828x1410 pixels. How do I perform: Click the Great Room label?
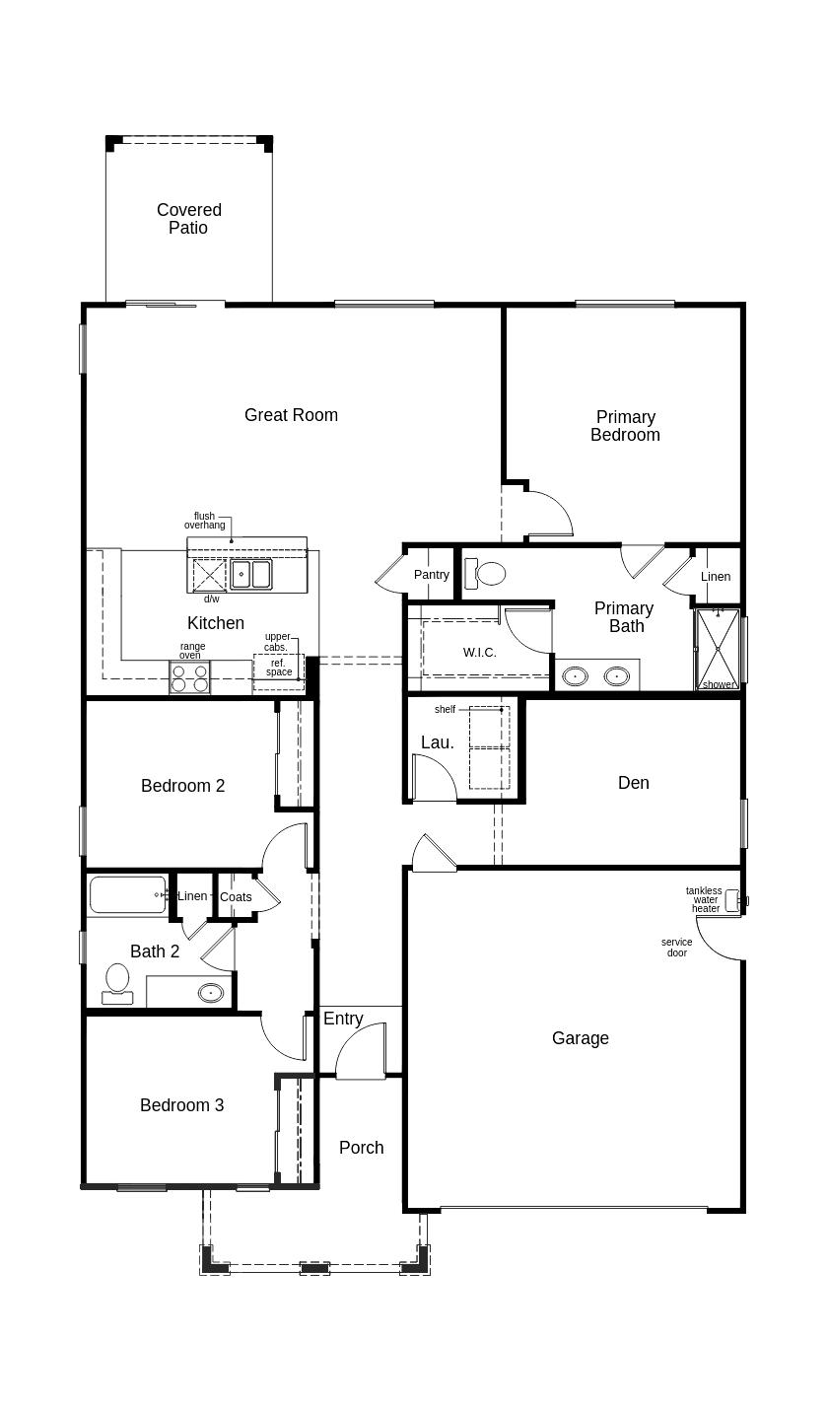(291, 415)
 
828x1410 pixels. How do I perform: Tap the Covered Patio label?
(188, 219)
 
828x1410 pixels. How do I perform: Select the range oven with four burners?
(189, 677)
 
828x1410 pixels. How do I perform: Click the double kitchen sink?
(250, 574)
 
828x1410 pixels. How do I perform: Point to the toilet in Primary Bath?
(485, 574)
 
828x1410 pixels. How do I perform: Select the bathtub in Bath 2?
(128, 895)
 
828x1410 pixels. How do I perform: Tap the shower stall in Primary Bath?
(718, 649)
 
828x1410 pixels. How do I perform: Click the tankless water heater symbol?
(732, 900)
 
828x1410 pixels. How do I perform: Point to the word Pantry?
(432, 575)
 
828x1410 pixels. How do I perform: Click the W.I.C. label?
(479, 652)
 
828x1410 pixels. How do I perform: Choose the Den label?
(633, 783)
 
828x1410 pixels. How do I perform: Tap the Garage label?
(581, 1038)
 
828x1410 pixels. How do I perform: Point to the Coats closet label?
(236, 897)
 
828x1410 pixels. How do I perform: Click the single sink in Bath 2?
(210, 993)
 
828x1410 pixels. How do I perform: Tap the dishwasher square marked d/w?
(209, 574)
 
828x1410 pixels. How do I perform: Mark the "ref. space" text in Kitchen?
(279, 668)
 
